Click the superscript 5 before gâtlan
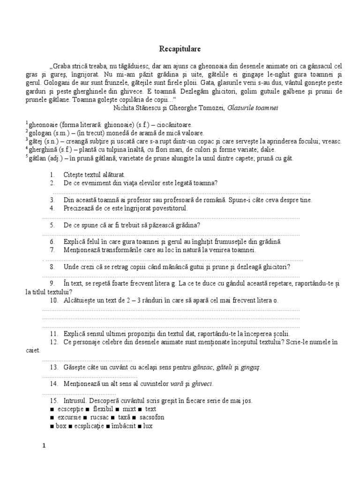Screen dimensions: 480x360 (x=27, y=157)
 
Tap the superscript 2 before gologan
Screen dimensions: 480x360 (x=27, y=131)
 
